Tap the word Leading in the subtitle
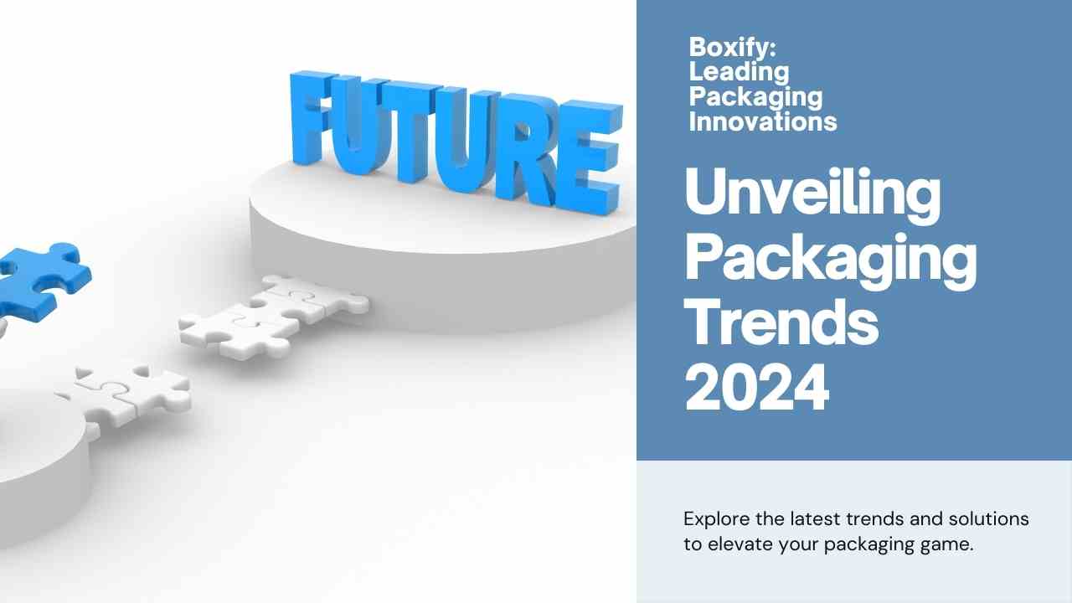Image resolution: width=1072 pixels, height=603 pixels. pos(739,73)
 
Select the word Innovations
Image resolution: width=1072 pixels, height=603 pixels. pos(763,121)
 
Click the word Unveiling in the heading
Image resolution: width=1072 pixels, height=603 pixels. pos(812,195)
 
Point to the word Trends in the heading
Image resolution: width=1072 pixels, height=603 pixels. pos(781,320)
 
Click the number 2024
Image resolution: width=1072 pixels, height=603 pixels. pos(756,387)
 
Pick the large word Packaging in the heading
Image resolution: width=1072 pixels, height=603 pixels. pos(831,261)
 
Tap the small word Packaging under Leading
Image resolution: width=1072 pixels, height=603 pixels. pos(755,98)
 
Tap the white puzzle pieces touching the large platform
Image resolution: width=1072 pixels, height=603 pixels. pos(274,316)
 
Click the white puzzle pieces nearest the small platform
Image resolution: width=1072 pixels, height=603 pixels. pos(126,395)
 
